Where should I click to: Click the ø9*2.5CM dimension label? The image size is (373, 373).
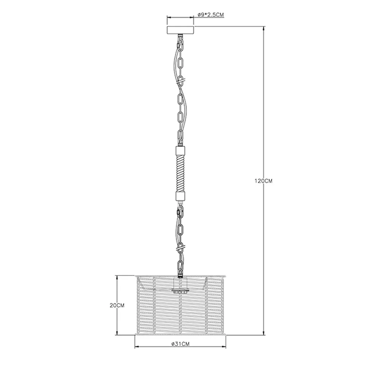(211, 15)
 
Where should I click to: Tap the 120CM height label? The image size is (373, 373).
(263, 181)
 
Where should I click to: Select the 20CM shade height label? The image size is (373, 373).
(117, 306)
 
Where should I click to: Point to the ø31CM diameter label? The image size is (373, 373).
(180, 344)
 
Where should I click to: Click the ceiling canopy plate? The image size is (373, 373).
(180, 30)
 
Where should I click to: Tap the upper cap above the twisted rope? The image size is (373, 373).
(180, 150)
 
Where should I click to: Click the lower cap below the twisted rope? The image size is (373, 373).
(180, 196)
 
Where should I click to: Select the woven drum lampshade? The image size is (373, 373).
(180, 305)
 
